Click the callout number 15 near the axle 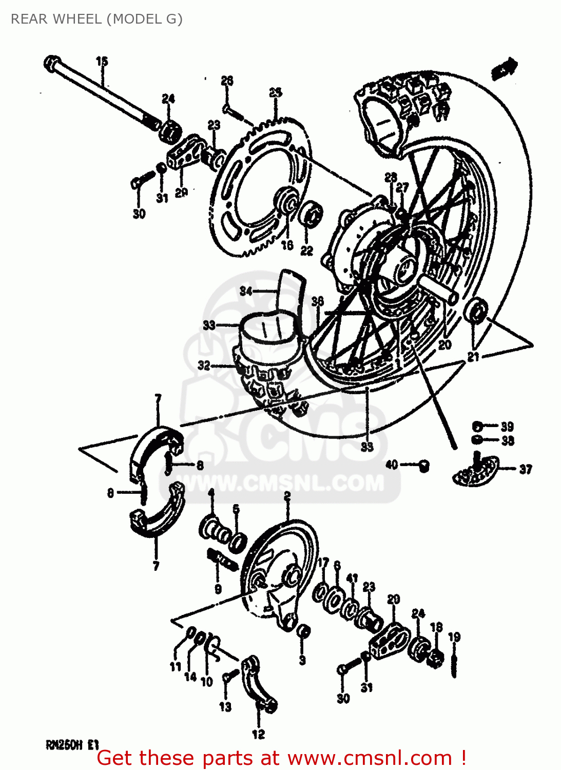point(102,61)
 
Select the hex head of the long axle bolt point(52,64)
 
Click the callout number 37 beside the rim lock point(525,469)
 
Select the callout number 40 point(391,465)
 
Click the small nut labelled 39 point(477,426)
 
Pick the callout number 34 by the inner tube point(246,291)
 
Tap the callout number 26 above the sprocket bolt point(227,81)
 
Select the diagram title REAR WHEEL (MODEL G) point(96,19)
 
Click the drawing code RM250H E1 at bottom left point(72,744)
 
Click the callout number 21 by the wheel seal point(473,356)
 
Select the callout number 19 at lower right point(454,637)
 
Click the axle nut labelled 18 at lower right point(436,657)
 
